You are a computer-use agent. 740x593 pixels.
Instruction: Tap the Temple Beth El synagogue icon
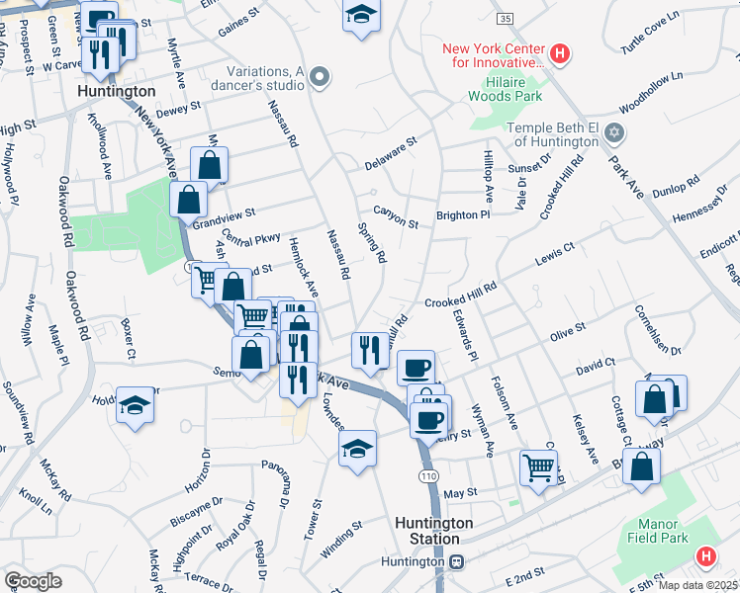pos(614,132)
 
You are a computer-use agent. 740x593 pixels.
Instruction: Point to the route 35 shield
pos(506,19)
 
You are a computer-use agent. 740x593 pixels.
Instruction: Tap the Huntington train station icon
pos(456,561)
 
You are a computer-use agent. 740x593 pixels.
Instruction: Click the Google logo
pos(33,580)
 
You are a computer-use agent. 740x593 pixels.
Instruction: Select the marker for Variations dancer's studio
pos(319,76)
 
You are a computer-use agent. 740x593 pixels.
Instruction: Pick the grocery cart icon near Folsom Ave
pos(537,466)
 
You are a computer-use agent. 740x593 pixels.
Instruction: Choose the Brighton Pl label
pos(463,214)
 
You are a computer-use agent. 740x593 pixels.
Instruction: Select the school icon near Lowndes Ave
pos(358,449)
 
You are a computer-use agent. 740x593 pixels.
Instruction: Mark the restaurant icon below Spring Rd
pos(369,350)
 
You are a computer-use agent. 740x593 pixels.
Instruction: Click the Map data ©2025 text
pos(698,585)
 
